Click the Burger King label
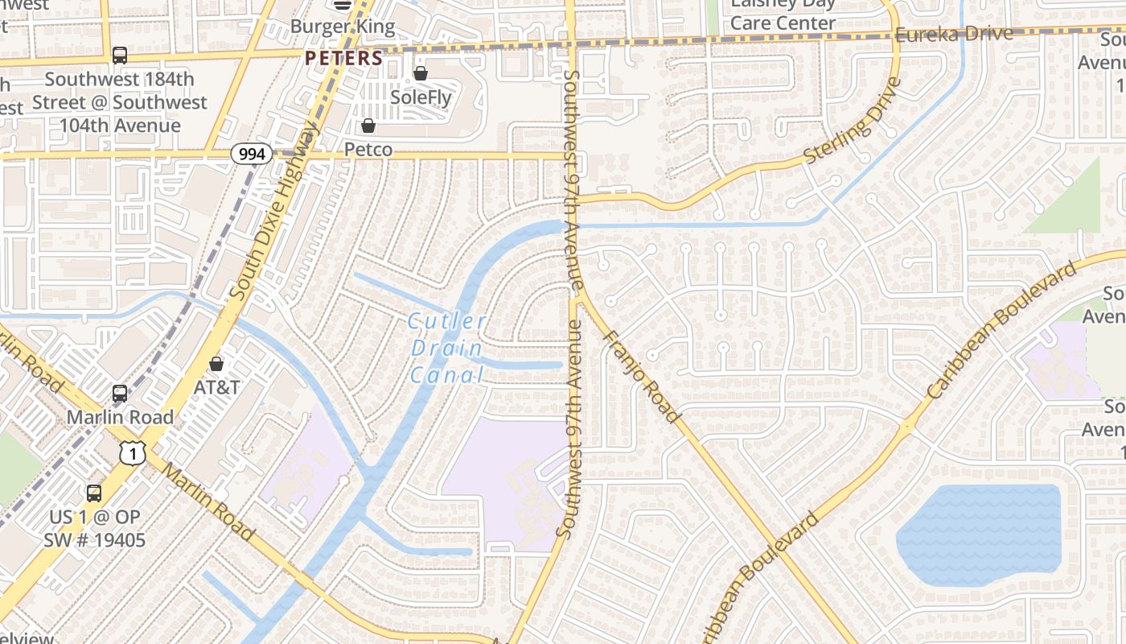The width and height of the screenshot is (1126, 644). pos(343,27)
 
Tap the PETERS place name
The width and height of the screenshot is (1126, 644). pos(343,58)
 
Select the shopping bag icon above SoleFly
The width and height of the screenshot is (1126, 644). pos(420,74)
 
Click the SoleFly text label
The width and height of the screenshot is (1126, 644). pos(421,97)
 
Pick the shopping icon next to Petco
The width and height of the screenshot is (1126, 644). pos(368,126)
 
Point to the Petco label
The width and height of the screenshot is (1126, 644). pos(368,150)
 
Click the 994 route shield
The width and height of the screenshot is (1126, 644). pos(252,154)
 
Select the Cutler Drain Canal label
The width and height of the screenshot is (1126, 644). pos(447,349)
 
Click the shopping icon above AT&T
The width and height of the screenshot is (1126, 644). pos(216,364)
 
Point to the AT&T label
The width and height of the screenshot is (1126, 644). pos(216,387)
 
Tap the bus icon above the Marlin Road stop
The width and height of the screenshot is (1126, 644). pos(120,394)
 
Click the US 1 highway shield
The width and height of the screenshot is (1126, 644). pos(133,453)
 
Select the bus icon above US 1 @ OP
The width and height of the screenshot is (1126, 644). pos(94,493)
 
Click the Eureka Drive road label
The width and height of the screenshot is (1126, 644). pos(953,35)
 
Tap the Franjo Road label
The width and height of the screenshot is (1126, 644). pos(642,377)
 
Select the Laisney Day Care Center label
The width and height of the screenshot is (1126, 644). pos(782,14)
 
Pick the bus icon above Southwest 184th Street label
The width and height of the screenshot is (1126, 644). pos(119,55)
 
